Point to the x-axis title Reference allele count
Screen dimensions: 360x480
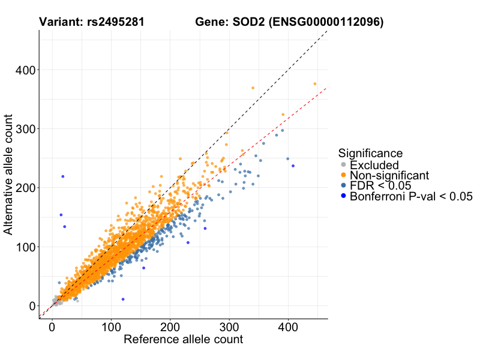click(183, 340)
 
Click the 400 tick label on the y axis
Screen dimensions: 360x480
click(23, 70)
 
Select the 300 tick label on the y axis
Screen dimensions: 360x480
click(23, 129)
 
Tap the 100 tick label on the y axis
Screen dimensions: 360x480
click(23, 247)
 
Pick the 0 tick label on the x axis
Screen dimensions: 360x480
click(52, 328)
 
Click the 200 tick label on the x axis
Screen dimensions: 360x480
click(169, 328)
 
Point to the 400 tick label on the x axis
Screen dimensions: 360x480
click(287, 328)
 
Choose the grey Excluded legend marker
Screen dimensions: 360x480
click(343, 165)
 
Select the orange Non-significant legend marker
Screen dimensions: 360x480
click(343, 176)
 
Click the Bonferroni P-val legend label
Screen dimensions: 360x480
click(412, 197)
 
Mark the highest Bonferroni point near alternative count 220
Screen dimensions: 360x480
click(63, 176)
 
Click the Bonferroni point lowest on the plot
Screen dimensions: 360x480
click(123, 299)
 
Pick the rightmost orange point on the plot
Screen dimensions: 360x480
click(315, 84)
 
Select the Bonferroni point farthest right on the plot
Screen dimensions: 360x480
click(293, 166)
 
